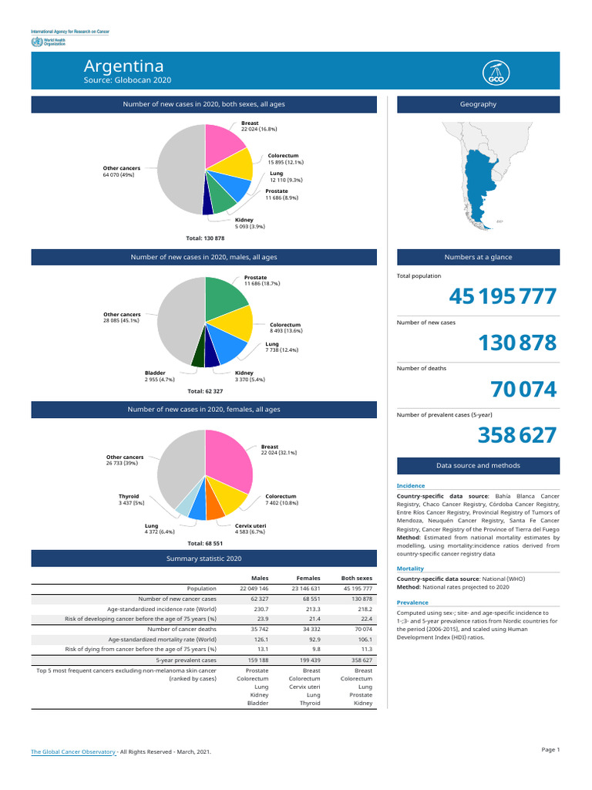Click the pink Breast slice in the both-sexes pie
(x=225, y=143)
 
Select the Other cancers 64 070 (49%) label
(x=122, y=171)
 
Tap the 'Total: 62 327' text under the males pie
(x=206, y=391)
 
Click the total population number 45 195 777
(x=502, y=296)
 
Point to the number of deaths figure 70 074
(x=523, y=390)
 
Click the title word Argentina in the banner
(x=123, y=66)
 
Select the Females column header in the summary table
(x=309, y=578)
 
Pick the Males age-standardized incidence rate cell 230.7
(x=260, y=609)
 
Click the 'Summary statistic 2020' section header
(x=203, y=558)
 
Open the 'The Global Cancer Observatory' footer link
(x=73, y=751)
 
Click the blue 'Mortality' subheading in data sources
(x=410, y=568)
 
